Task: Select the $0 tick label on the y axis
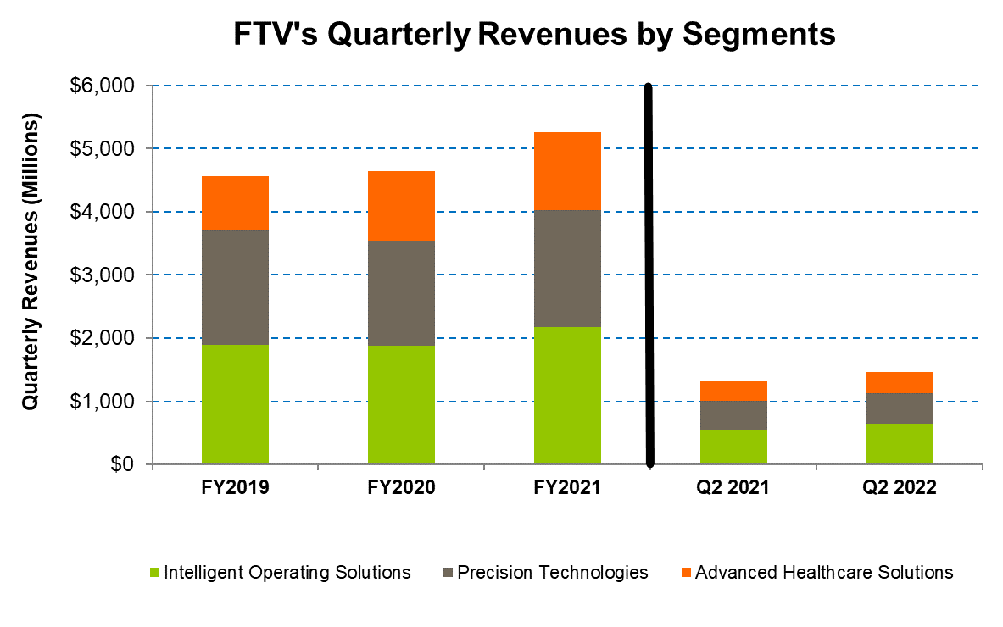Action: pyautogui.click(x=122, y=465)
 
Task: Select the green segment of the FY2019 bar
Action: pyautogui.click(x=235, y=404)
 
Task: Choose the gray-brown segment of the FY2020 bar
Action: pyautogui.click(x=401, y=293)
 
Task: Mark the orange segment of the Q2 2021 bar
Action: pyautogui.click(x=733, y=391)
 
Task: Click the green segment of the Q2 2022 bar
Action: pyautogui.click(x=900, y=444)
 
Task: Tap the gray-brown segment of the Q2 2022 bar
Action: pyautogui.click(x=900, y=408)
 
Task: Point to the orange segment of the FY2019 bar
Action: pyautogui.click(x=235, y=203)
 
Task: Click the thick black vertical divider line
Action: pyautogui.click(x=649, y=275)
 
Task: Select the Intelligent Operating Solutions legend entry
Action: pyautogui.click(x=279, y=573)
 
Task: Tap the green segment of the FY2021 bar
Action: pyautogui.click(x=567, y=396)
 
